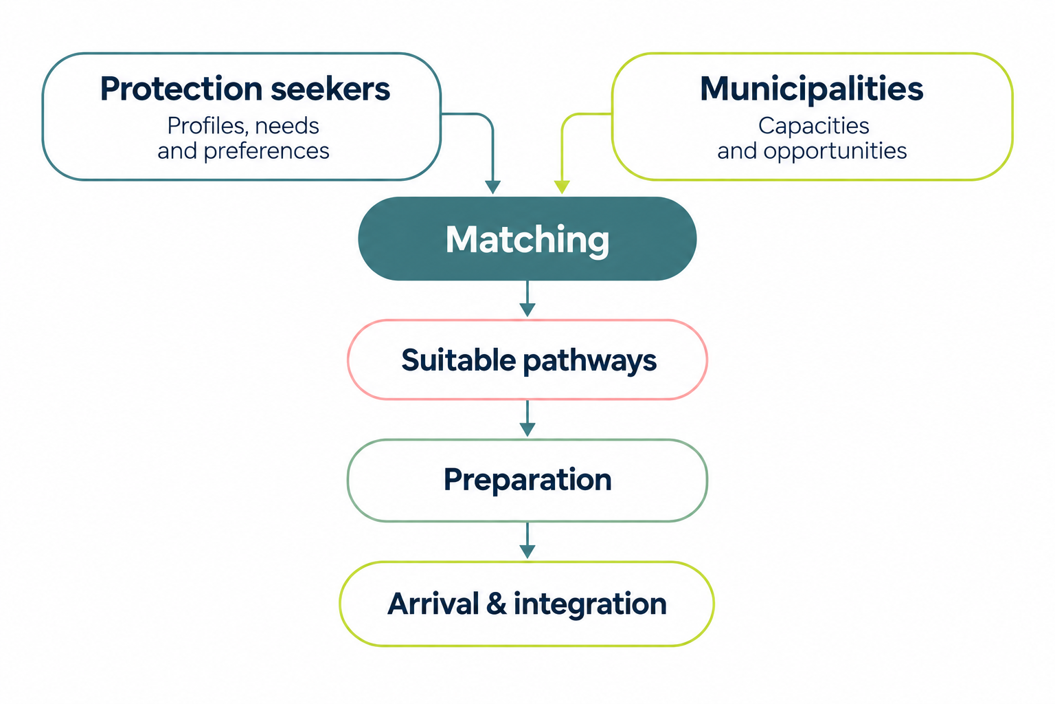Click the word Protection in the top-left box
tap(181, 89)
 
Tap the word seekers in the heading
tap(330, 89)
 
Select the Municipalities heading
tap(811, 89)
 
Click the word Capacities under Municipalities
tap(813, 126)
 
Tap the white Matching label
tap(527, 240)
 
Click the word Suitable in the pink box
tap(458, 360)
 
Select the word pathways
tap(590, 362)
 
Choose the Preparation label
tap(527, 481)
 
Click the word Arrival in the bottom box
tap(433, 604)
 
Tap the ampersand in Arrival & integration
tap(496, 604)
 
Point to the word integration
tap(590, 604)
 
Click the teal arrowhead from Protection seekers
tap(492, 187)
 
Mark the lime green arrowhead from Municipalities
tap(561, 187)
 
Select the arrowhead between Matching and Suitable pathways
tap(527, 310)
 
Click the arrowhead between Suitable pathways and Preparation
tap(527, 430)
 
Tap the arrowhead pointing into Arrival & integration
tap(527, 551)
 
